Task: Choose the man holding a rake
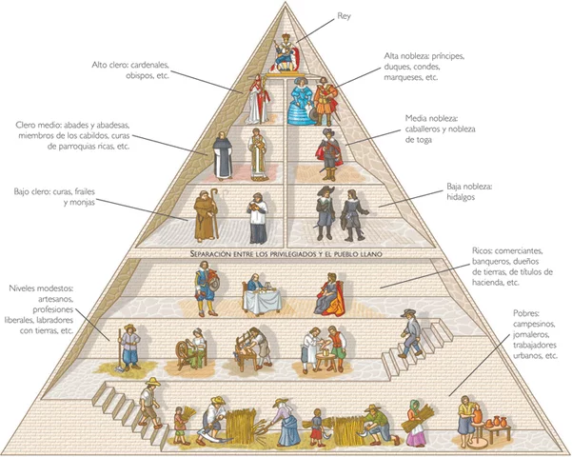point(129,348)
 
